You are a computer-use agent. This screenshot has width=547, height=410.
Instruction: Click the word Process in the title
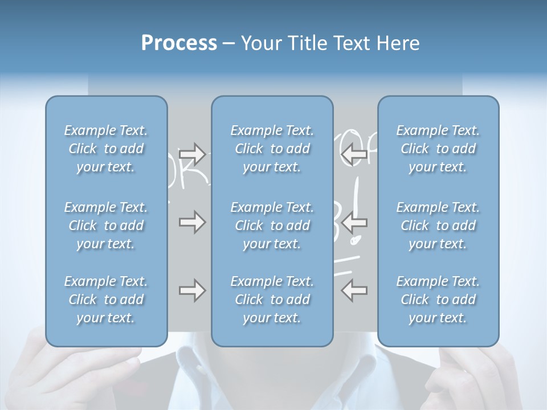[179, 43]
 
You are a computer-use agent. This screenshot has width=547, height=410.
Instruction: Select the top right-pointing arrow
[192, 153]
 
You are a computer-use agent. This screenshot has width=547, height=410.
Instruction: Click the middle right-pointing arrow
[192, 222]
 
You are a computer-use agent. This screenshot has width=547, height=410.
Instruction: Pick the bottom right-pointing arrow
[192, 290]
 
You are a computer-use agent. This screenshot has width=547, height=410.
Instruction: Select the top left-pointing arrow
[354, 153]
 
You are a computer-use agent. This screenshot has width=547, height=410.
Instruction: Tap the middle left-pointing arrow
[354, 222]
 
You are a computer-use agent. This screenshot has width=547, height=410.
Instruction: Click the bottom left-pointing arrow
[354, 290]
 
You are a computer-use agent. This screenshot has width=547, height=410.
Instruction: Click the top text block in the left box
[106, 149]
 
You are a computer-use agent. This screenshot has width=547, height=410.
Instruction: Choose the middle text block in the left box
[106, 225]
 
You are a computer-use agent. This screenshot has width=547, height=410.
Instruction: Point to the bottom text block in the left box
[106, 300]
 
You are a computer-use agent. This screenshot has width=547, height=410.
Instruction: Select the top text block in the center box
[272, 149]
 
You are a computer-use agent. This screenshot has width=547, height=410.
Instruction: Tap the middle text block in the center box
[272, 225]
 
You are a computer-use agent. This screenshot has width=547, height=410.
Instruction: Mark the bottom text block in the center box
[272, 300]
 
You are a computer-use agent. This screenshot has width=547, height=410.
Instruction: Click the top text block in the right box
[438, 149]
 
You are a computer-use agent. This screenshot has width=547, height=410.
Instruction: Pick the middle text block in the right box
[438, 225]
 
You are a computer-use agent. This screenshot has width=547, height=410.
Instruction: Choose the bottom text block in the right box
[438, 300]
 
